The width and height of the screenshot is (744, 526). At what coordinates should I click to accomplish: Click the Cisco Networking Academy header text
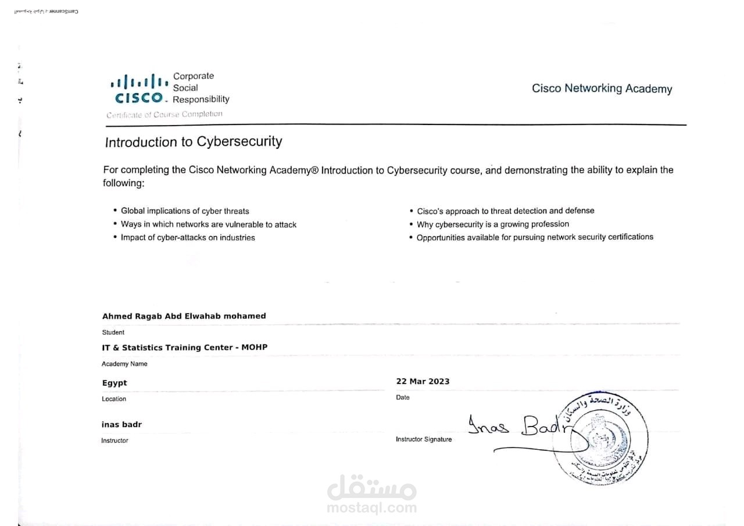click(602, 88)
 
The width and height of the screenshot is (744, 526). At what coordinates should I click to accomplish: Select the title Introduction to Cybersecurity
click(194, 141)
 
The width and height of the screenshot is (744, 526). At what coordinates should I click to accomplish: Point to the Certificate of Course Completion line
click(164, 115)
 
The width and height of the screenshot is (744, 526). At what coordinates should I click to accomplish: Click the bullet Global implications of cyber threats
click(185, 211)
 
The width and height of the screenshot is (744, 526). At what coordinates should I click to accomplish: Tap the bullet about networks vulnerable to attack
click(208, 224)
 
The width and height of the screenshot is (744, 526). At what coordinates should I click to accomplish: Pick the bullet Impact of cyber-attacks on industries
click(188, 237)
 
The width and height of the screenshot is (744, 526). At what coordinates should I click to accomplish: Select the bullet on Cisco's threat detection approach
click(505, 211)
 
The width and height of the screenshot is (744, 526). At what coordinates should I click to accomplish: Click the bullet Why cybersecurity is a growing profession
click(493, 224)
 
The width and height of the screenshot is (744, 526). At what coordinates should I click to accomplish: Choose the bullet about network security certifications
click(535, 237)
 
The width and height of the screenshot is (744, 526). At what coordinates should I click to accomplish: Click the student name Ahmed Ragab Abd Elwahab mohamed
click(184, 316)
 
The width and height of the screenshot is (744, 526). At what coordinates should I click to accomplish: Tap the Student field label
click(113, 332)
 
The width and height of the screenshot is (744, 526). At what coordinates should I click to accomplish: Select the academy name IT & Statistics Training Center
click(184, 347)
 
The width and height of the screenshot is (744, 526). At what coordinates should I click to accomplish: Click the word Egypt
click(115, 383)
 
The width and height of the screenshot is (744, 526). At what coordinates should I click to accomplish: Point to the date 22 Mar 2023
click(423, 381)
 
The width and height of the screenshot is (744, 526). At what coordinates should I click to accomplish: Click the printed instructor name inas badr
click(121, 424)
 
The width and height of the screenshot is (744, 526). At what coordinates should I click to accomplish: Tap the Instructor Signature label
click(423, 439)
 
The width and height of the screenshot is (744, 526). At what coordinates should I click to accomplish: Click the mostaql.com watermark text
click(371, 507)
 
